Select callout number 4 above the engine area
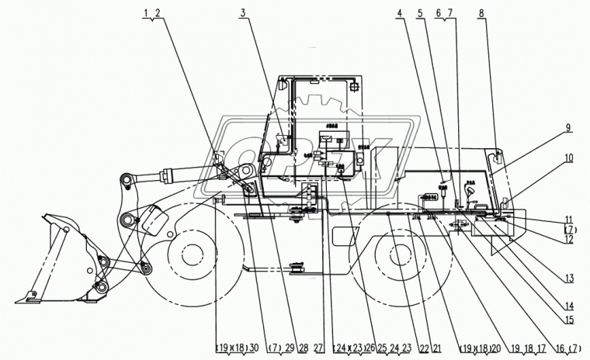(399, 12)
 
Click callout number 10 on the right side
(569, 158)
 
